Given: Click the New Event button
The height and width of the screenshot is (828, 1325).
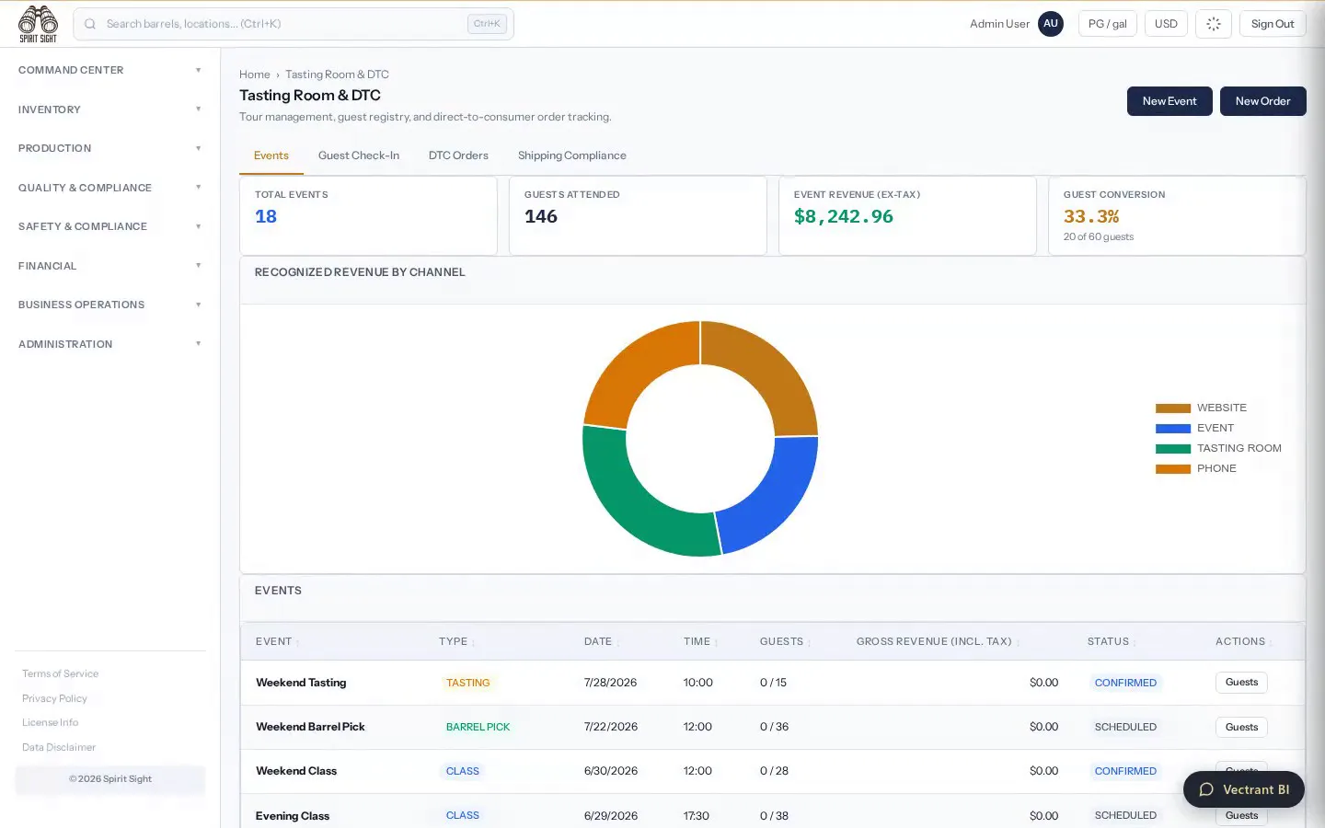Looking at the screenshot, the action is coord(1169,101).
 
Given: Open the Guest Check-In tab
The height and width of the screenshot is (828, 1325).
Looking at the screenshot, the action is coord(359,155).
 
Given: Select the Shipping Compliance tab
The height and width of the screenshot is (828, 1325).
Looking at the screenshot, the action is coord(571,155).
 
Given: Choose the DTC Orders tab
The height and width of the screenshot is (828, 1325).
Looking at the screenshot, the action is coord(458,155).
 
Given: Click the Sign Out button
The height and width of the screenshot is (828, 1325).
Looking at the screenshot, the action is coord(1273,24).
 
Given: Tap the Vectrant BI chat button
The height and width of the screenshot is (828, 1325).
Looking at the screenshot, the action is coord(1243,789).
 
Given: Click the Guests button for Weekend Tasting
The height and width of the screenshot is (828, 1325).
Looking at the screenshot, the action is coord(1241,683).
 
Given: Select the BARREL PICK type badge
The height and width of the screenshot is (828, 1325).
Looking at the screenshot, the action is coord(478,727).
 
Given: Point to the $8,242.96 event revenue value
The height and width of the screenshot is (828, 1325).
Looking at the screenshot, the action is coord(843,216).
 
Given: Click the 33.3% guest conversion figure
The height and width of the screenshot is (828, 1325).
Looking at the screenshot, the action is coord(1090,216).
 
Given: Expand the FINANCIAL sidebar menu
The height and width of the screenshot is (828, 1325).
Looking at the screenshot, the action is coord(110,266).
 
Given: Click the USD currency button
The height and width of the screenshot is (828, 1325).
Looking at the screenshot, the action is coord(1165,24).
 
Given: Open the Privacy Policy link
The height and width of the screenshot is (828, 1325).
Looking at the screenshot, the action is coord(54,698).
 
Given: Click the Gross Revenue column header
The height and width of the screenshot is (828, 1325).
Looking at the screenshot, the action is coord(933,642).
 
